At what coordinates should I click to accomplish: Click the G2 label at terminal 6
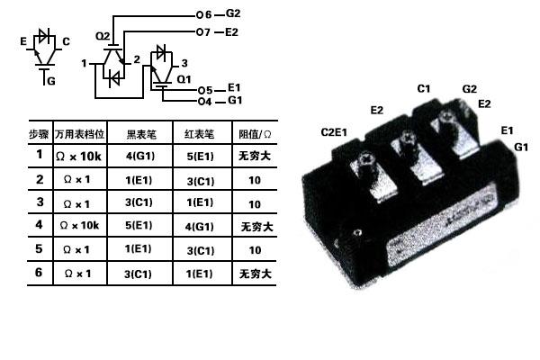click(231, 14)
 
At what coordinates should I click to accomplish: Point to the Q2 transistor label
click(102, 36)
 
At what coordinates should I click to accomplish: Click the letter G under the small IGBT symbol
click(50, 81)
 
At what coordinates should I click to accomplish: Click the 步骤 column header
click(39, 133)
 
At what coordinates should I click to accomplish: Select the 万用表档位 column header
click(81, 133)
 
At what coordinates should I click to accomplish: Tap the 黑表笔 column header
click(141, 133)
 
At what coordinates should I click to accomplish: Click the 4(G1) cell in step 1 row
click(140, 155)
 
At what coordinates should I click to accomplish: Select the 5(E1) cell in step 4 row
click(140, 224)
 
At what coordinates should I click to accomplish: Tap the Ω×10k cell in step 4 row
click(81, 224)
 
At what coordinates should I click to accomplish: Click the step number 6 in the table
click(39, 272)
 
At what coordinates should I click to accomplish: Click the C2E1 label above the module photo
click(336, 132)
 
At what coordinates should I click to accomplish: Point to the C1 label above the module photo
click(423, 88)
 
